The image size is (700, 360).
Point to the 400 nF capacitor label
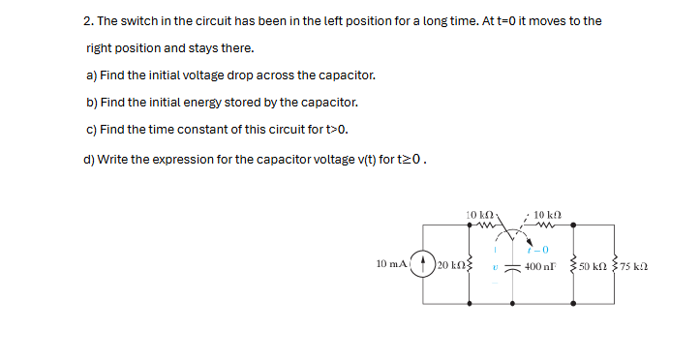539,266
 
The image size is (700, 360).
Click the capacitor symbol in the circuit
513,267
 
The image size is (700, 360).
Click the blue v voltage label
494,267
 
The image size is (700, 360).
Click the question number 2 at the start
87,21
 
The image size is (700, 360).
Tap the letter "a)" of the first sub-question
91,75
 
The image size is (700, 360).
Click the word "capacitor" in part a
346,75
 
